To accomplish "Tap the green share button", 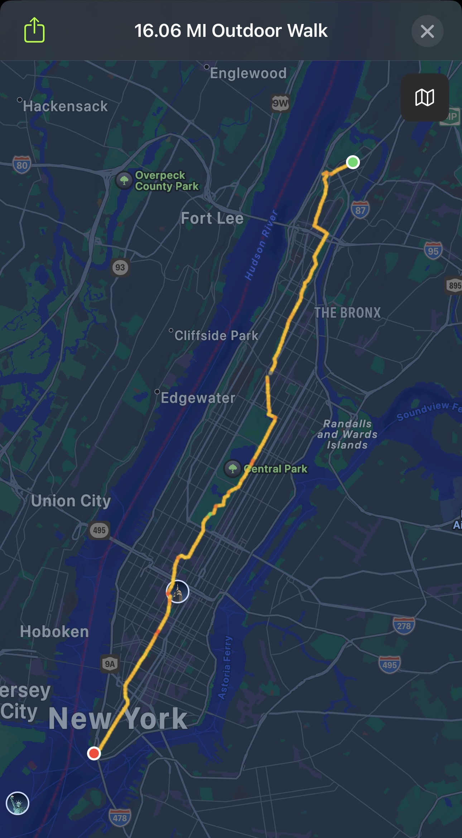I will (x=34, y=30).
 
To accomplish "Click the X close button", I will (x=427, y=31).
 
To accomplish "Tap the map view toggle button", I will (x=425, y=97).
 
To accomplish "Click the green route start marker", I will (x=353, y=162).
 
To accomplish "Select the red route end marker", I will (x=94, y=753).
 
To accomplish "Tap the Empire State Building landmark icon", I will (x=178, y=592).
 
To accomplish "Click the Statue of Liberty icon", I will (x=18, y=803).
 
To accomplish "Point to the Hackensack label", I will (x=65, y=106).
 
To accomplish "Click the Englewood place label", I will (x=248, y=73).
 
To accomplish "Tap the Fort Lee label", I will (x=212, y=218).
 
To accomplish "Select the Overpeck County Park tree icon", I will (x=124, y=180).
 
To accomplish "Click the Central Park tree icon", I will (x=232, y=469).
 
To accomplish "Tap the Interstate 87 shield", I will (x=360, y=210).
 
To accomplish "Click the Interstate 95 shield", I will (x=433, y=251).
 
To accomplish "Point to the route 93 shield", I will (x=120, y=267).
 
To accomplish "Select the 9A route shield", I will (x=110, y=664).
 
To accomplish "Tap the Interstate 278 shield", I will (x=404, y=626).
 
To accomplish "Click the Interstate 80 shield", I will (x=22, y=165).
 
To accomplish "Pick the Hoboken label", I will (x=54, y=632).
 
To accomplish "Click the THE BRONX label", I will (x=347, y=313).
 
